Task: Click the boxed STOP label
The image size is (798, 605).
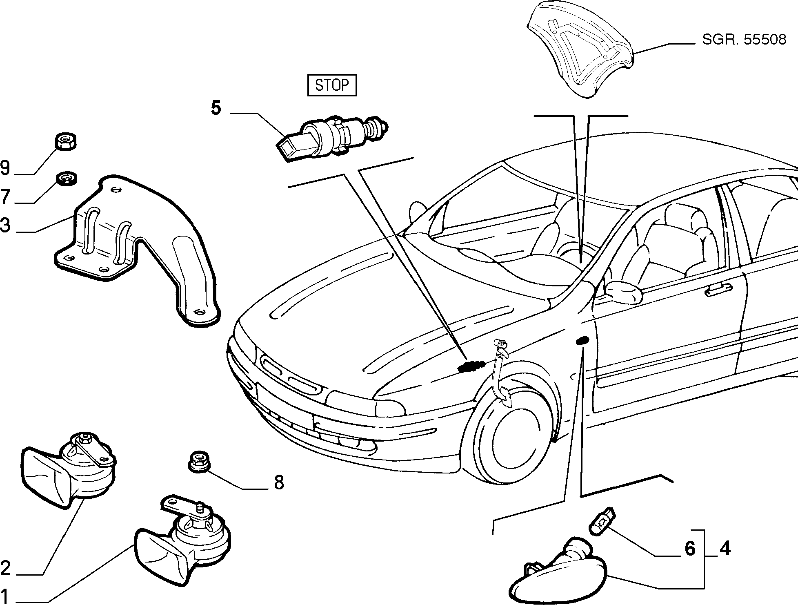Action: (x=332, y=85)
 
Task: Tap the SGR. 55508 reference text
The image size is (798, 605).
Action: (x=744, y=40)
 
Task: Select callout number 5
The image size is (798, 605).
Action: (x=216, y=108)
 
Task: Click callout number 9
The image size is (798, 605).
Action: (x=5, y=168)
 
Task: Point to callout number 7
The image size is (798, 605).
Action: (x=5, y=197)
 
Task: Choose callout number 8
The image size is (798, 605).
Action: (x=279, y=482)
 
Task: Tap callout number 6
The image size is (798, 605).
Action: (x=689, y=549)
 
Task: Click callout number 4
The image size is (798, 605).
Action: (x=725, y=549)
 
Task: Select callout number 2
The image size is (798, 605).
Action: (x=5, y=568)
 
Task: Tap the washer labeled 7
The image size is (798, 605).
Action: (x=66, y=179)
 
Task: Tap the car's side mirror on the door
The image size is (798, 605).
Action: (x=622, y=291)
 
